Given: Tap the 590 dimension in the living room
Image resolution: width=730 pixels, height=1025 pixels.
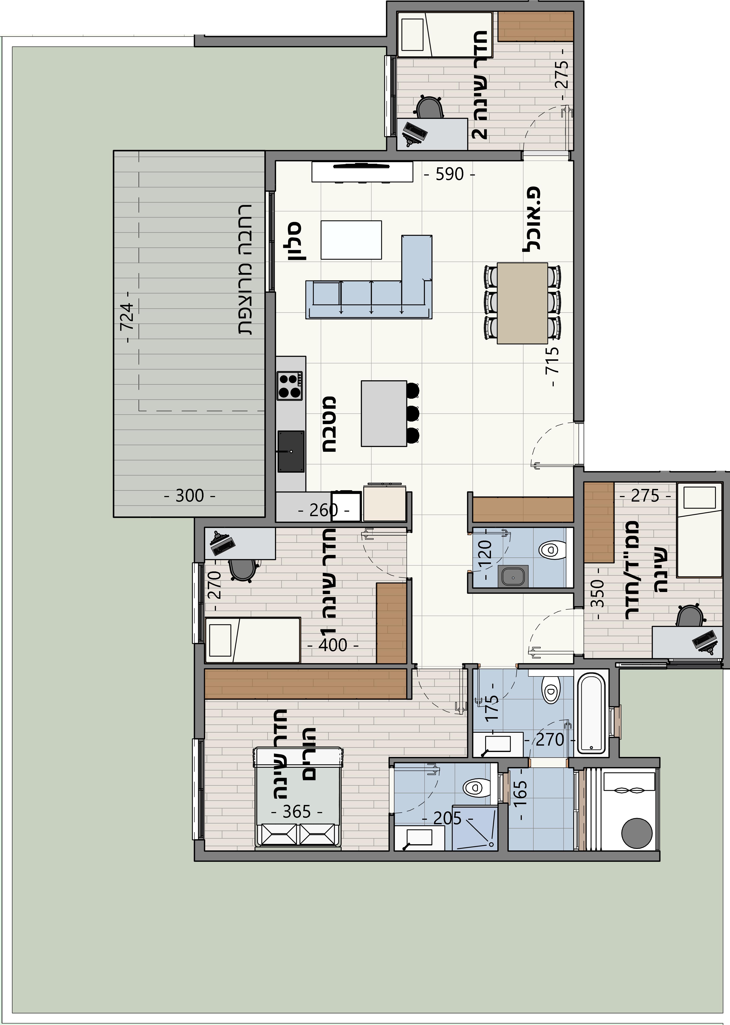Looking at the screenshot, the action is (450, 174).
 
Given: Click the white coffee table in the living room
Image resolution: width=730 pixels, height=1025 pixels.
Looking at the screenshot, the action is (352, 240).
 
